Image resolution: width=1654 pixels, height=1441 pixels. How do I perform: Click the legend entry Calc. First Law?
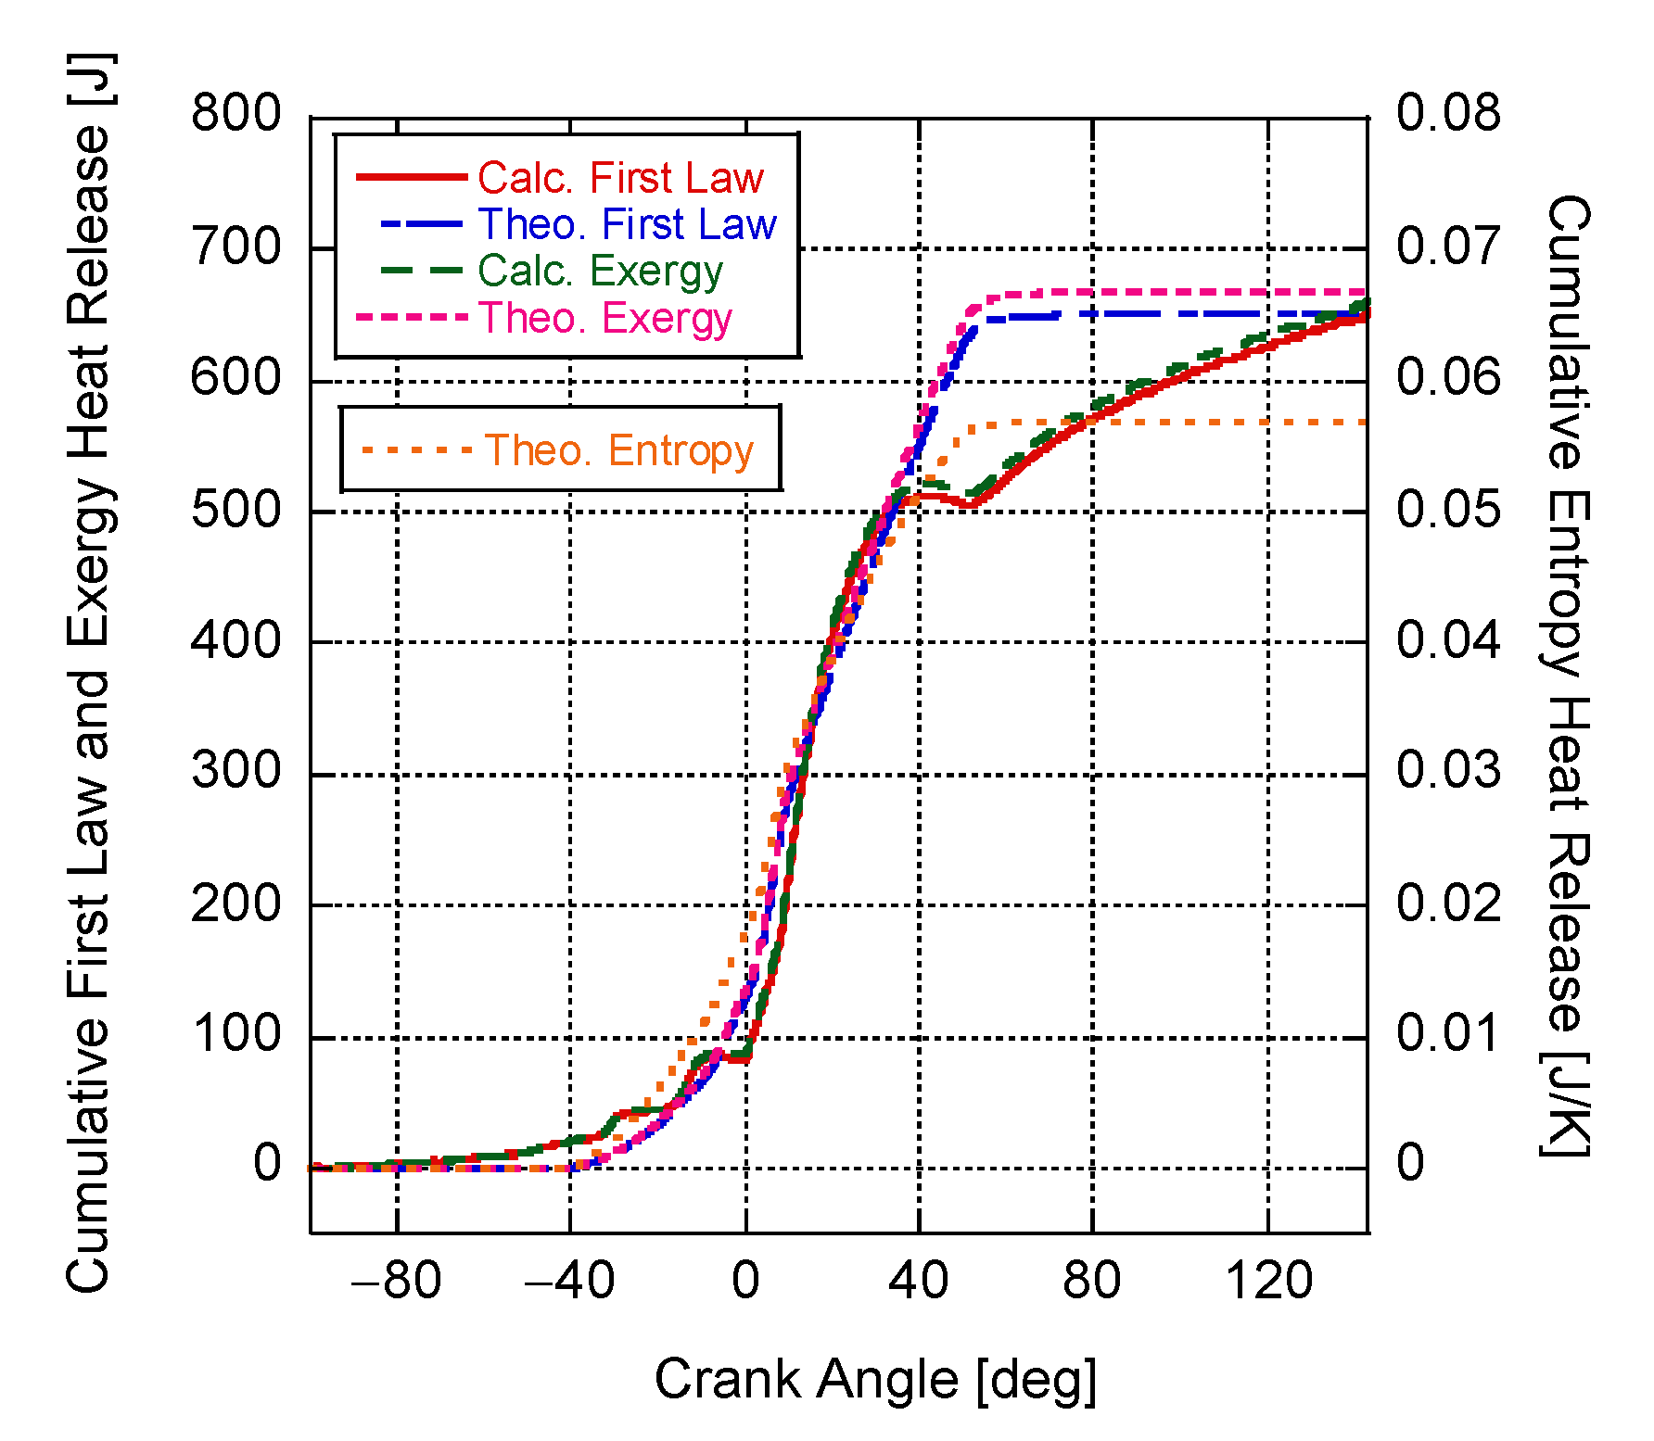(620, 177)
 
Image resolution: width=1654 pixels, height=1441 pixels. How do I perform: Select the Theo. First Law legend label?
(627, 224)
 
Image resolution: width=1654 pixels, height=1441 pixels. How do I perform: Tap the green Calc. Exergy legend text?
(600, 271)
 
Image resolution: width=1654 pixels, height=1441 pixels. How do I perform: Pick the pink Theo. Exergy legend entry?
(605, 318)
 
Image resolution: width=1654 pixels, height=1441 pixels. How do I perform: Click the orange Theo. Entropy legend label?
(619, 450)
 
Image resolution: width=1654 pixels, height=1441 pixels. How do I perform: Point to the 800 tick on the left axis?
(235, 114)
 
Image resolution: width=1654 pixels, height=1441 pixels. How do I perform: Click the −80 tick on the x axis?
(397, 1281)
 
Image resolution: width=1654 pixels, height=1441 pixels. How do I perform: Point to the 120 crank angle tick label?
(1268, 1281)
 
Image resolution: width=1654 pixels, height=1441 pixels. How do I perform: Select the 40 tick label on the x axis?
(918, 1281)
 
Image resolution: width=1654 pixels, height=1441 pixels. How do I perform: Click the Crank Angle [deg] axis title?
(875, 1379)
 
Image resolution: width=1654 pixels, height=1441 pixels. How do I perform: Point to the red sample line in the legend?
(412, 176)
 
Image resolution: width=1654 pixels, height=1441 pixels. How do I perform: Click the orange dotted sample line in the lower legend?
(416, 450)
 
